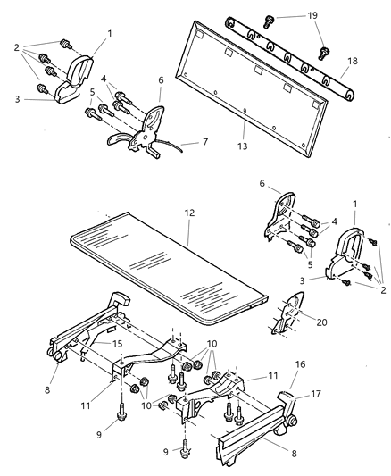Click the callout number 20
point(321,316)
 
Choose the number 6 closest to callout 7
point(161,79)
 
